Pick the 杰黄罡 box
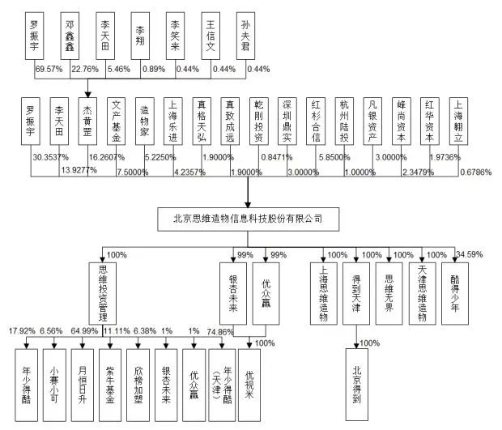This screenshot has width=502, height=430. coord(87,120)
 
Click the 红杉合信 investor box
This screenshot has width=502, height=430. coord(315,120)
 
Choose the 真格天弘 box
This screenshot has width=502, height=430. coord(202,120)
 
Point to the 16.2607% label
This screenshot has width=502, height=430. coord(107,156)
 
